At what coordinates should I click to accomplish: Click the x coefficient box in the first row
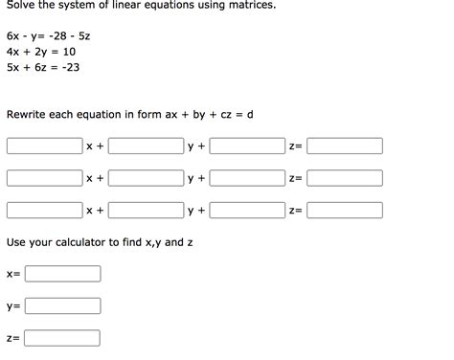pos(44,146)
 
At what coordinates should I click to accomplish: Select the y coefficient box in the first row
pos(146,146)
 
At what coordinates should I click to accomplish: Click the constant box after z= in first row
pos(345,146)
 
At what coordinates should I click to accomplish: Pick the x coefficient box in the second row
pos(44,178)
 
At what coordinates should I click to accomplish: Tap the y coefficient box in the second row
pos(146,178)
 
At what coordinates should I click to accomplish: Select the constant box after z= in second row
pos(345,178)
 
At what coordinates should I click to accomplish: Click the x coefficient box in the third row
pos(44,210)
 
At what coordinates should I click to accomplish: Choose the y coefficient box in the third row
pos(146,210)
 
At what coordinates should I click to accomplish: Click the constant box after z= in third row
pos(345,210)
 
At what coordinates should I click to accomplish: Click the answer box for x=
pos(63,274)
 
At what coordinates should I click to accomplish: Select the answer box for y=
pos(63,306)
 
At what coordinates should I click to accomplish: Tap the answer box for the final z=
pos(63,338)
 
